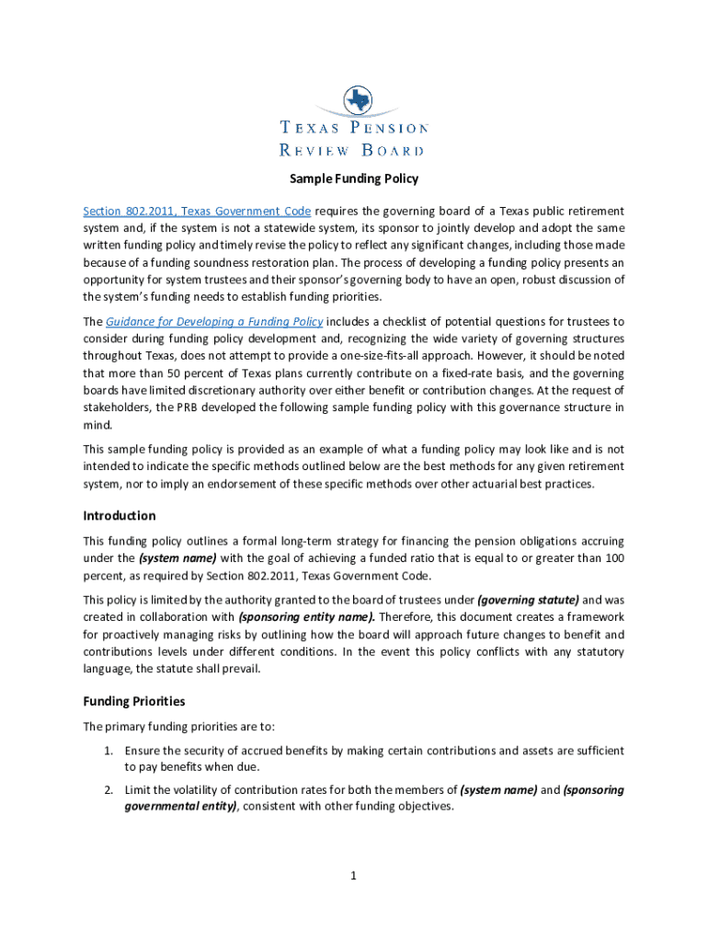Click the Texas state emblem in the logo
354,100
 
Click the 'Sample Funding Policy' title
354,179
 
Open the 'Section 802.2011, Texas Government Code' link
197,211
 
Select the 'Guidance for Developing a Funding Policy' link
214,321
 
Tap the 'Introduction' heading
120,516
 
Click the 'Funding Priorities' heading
134,701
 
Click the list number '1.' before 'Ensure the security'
108,751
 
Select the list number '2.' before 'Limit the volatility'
108,789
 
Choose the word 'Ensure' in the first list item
144,751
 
